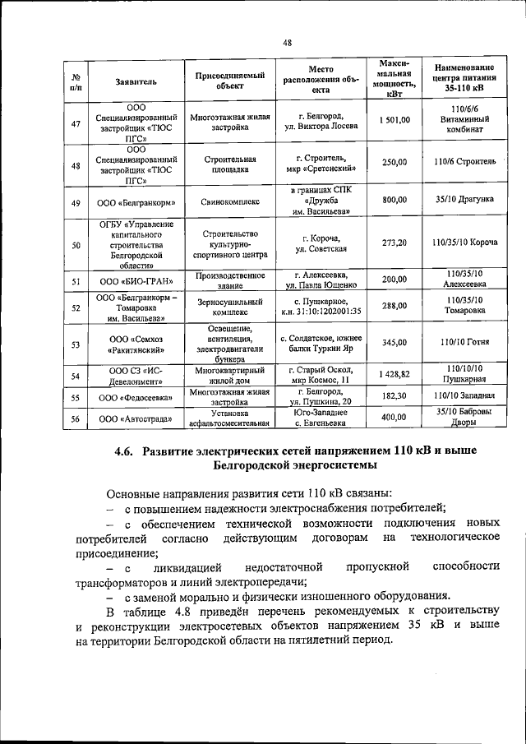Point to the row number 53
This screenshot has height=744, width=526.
76,344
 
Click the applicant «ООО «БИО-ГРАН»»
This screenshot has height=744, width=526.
136,280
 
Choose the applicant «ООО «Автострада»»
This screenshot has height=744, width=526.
136,418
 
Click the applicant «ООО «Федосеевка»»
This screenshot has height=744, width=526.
136,397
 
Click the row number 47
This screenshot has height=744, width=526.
76,123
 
